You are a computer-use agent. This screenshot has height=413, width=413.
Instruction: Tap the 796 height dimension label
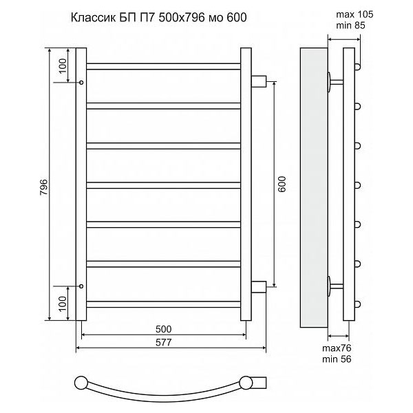coord(44,187)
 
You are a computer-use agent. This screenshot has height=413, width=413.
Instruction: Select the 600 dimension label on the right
coord(282,184)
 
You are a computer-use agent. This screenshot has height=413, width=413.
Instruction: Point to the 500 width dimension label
coord(164,329)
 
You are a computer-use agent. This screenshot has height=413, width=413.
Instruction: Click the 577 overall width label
coord(164,342)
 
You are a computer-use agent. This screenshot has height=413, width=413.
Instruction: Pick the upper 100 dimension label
coord(63,66)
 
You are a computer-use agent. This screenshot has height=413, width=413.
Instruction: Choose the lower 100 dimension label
coord(63,304)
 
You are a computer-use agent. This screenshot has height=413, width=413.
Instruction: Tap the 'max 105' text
coord(354,14)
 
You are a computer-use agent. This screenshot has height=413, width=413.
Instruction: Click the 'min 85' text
coord(350,25)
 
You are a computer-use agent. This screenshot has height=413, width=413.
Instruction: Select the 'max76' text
coord(337,348)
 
